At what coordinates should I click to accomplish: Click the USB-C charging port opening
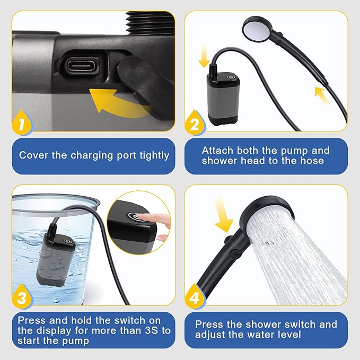(82, 67)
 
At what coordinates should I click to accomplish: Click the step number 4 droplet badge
(194, 297)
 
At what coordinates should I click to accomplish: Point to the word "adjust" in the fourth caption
(212, 335)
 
